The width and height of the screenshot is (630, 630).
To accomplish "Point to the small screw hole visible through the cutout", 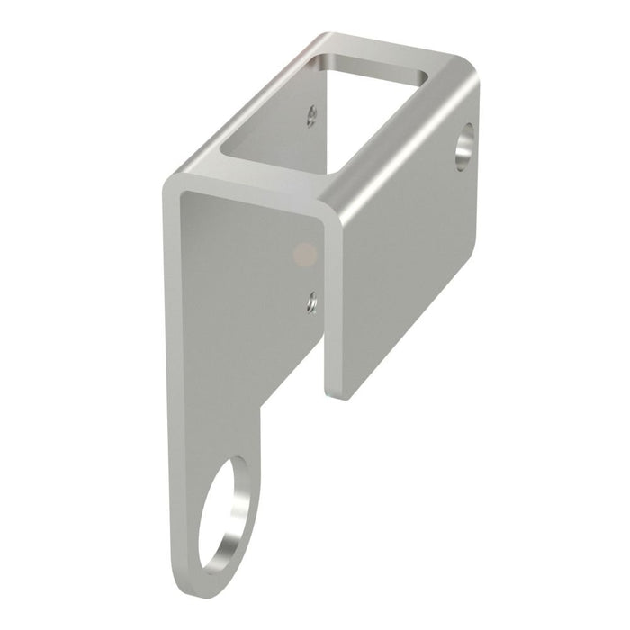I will click(311, 114).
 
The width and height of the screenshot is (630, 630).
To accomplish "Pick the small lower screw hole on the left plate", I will click(310, 301).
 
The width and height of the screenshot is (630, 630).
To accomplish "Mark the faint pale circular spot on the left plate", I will click(305, 254).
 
